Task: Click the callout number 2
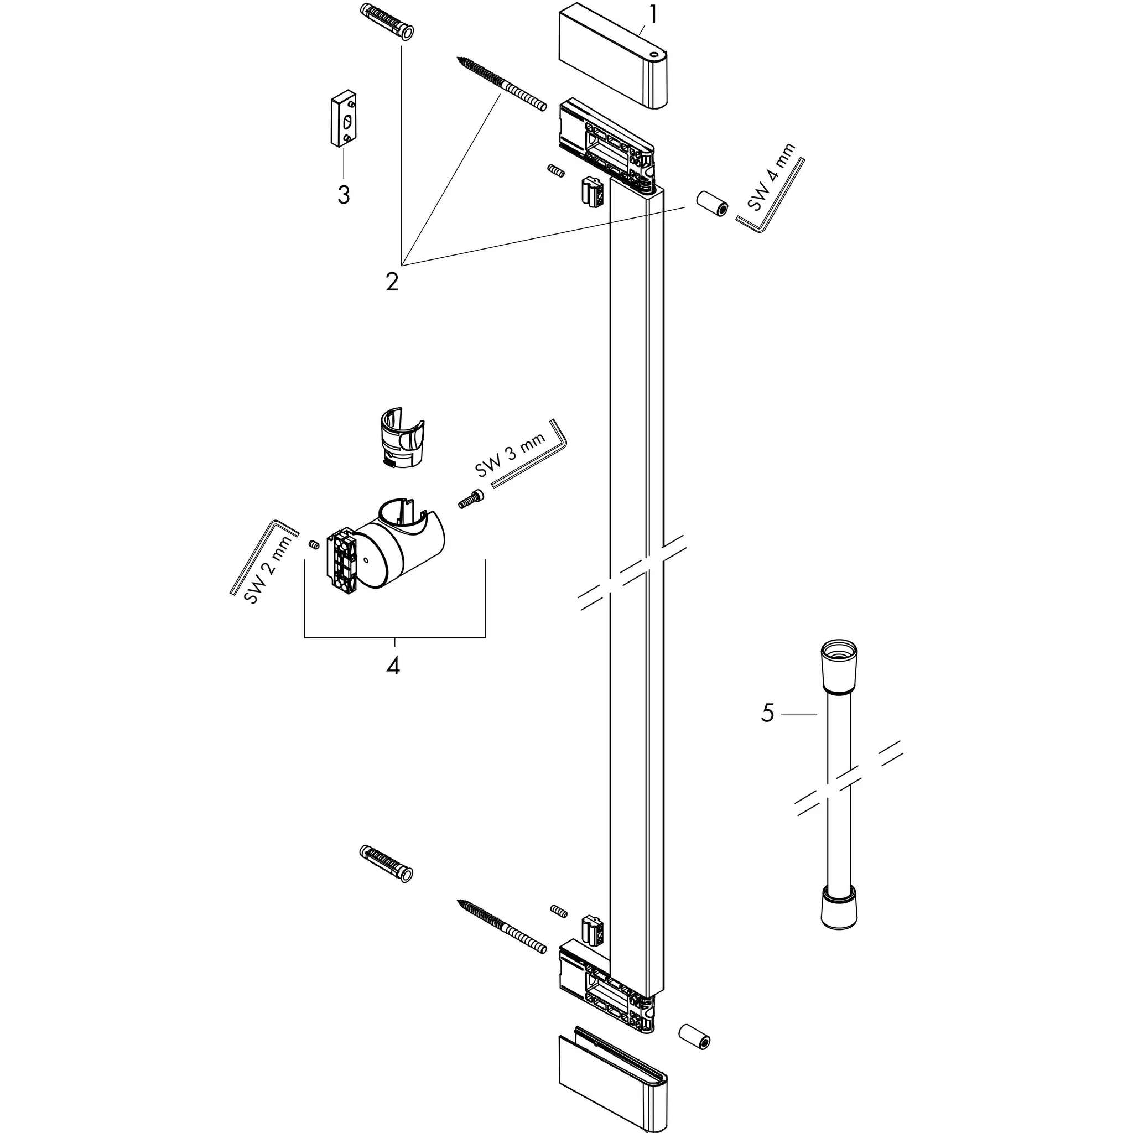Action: (x=392, y=282)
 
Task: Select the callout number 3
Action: (x=344, y=194)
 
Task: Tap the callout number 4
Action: (x=393, y=666)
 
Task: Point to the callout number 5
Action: (x=768, y=713)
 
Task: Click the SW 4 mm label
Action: (x=772, y=176)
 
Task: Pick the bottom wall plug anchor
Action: (x=384, y=866)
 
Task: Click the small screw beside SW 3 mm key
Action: (x=470, y=500)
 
